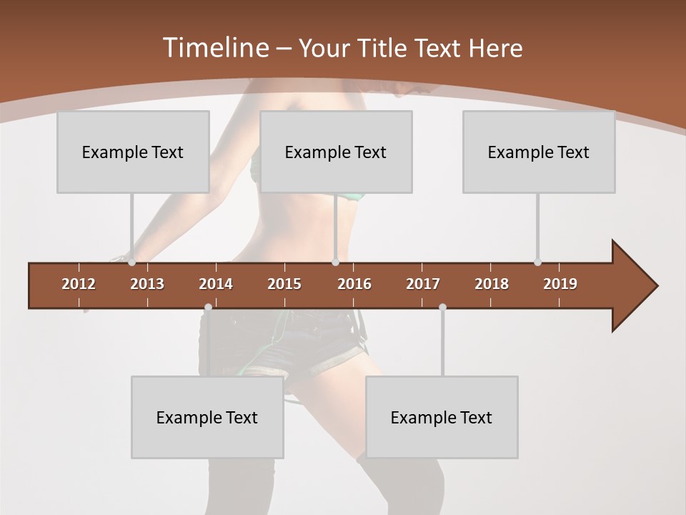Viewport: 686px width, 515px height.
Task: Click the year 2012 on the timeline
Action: (79, 284)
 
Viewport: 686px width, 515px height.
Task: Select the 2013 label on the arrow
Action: (147, 284)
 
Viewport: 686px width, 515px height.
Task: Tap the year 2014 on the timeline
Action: (216, 284)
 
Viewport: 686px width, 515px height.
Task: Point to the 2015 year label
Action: (284, 284)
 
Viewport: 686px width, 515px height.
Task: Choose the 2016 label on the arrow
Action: (354, 284)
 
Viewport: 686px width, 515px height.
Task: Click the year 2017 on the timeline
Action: (423, 284)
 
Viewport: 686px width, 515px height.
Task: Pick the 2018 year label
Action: (492, 284)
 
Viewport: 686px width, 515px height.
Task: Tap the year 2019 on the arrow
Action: (560, 284)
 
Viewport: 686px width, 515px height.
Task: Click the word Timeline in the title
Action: (215, 48)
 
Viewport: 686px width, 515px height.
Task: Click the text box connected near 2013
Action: (133, 152)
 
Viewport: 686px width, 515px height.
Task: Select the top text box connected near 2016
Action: (336, 152)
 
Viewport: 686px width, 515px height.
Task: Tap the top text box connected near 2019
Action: (539, 152)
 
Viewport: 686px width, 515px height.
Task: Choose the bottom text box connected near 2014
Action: (207, 417)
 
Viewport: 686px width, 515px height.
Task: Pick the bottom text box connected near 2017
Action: (442, 417)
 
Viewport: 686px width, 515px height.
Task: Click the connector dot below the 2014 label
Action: (208, 308)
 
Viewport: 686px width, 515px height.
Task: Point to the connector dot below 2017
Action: (442, 308)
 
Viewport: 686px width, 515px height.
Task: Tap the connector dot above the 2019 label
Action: (537, 262)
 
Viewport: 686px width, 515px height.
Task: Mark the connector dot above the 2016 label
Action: (335, 262)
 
